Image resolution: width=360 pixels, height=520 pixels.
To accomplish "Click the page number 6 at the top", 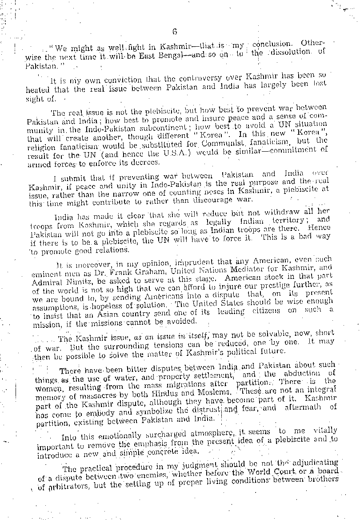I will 174,31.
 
